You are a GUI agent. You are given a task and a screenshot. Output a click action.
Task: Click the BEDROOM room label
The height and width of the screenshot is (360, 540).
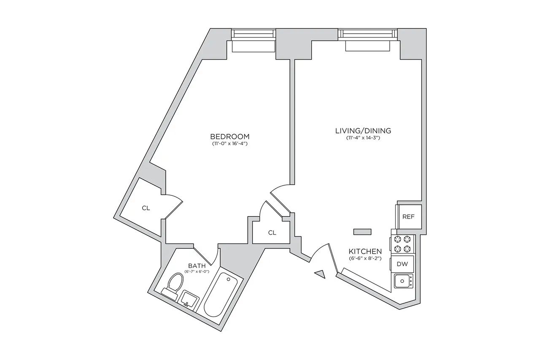tap(229, 136)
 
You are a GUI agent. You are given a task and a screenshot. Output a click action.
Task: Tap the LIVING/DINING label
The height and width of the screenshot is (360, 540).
tap(363, 130)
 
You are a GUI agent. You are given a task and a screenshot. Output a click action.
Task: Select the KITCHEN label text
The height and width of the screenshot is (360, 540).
tap(365, 251)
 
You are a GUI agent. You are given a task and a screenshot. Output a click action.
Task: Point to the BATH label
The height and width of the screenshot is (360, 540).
tap(197, 265)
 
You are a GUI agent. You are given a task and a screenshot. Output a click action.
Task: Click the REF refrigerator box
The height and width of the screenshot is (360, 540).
tap(408, 217)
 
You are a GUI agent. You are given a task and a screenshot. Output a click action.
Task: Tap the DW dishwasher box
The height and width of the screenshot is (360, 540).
tap(402, 264)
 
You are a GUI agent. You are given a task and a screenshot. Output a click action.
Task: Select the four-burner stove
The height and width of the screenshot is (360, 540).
tap(402, 243)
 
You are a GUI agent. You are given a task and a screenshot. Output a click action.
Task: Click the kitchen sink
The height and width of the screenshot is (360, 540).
tap(403, 281)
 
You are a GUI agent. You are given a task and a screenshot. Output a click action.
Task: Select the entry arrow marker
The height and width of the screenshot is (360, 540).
tap(321, 274)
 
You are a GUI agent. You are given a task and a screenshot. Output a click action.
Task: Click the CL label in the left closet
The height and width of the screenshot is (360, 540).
tap(146, 208)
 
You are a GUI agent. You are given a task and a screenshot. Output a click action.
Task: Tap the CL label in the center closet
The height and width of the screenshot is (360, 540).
tap(272, 233)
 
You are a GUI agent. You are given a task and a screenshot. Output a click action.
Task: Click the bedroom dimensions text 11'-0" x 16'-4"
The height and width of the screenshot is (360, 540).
tap(229, 144)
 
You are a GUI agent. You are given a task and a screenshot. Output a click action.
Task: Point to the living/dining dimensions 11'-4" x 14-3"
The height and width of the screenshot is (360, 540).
tap(363, 138)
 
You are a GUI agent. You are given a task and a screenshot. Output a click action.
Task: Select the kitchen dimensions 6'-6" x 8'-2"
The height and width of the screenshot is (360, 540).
tap(365, 258)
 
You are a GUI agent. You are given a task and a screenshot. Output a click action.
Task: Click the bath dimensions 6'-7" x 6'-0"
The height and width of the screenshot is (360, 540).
tap(197, 271)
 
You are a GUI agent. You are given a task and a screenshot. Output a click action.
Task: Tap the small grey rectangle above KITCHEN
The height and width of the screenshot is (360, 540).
tap(362, 231)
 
